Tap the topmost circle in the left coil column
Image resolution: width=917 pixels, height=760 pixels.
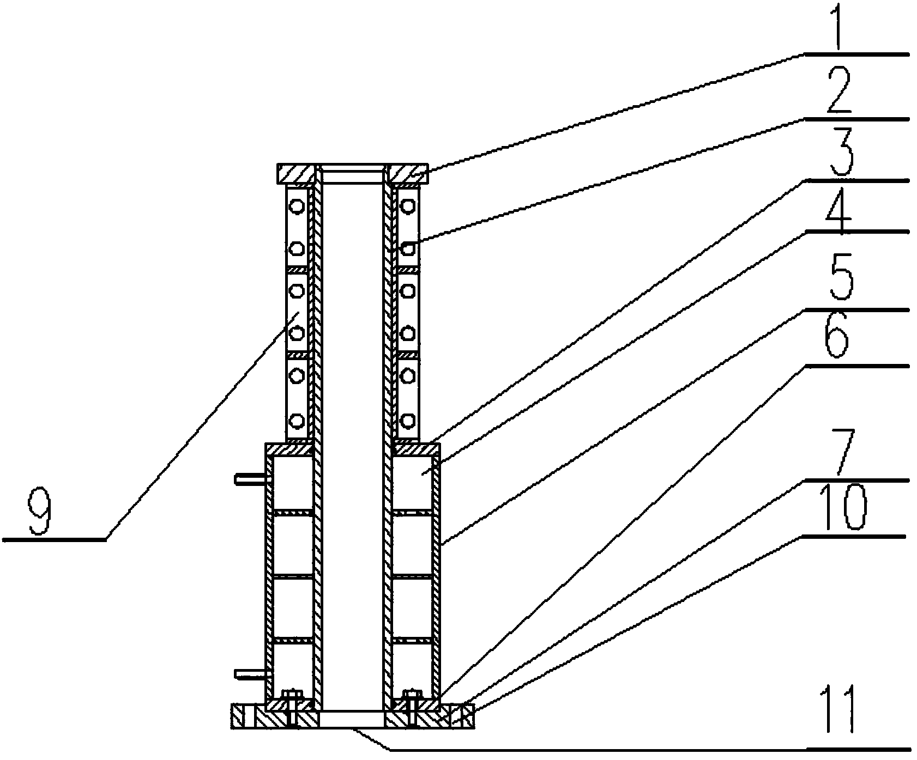tap(296, 206)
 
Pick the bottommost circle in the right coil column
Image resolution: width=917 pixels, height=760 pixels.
tap(408, 421)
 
